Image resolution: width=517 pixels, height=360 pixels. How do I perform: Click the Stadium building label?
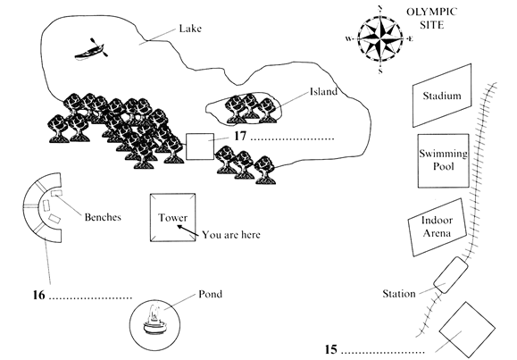tap(442, 96)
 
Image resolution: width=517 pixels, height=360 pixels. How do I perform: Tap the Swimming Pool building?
tap(444, 161)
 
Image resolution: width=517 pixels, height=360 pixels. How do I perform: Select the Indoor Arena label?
tap(437, 226)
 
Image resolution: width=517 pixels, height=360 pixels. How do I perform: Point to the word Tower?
tap(172, 217)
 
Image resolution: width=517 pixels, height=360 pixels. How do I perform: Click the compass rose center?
tap(380, 39)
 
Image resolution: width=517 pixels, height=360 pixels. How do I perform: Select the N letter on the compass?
tap(380, 8)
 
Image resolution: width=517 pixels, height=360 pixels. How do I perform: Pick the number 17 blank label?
tap(240, 136)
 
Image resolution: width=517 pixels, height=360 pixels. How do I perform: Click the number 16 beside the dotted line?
tap(38, 295)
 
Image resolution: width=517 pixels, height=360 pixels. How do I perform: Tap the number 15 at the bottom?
tap(331, 349)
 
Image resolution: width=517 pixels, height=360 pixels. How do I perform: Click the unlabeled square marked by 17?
tap(200, 147)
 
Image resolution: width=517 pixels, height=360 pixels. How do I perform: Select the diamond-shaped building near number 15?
tap(467, 330)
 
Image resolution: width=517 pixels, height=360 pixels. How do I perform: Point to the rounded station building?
tap(450, 275)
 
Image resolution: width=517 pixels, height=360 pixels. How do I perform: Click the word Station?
tap(399, 293)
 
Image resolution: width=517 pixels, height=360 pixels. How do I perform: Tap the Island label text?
tap(323, 91)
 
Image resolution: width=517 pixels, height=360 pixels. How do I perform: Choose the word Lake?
tap(190, 29)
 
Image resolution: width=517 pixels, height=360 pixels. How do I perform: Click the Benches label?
tap(103, 217)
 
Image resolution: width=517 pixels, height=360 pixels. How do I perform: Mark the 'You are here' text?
tap(231, 235)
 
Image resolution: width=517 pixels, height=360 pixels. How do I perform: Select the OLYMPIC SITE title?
tap(431, 18)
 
